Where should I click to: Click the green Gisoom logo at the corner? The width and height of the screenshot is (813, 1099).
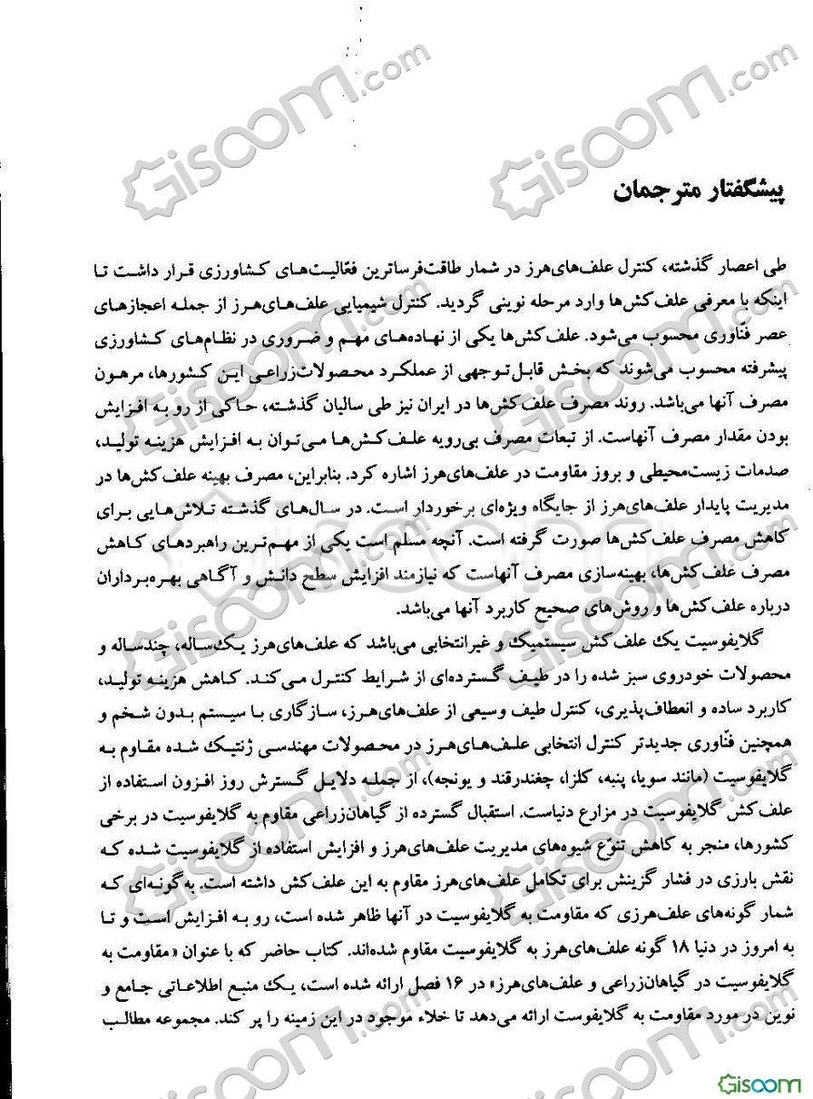pos(760,1083)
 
